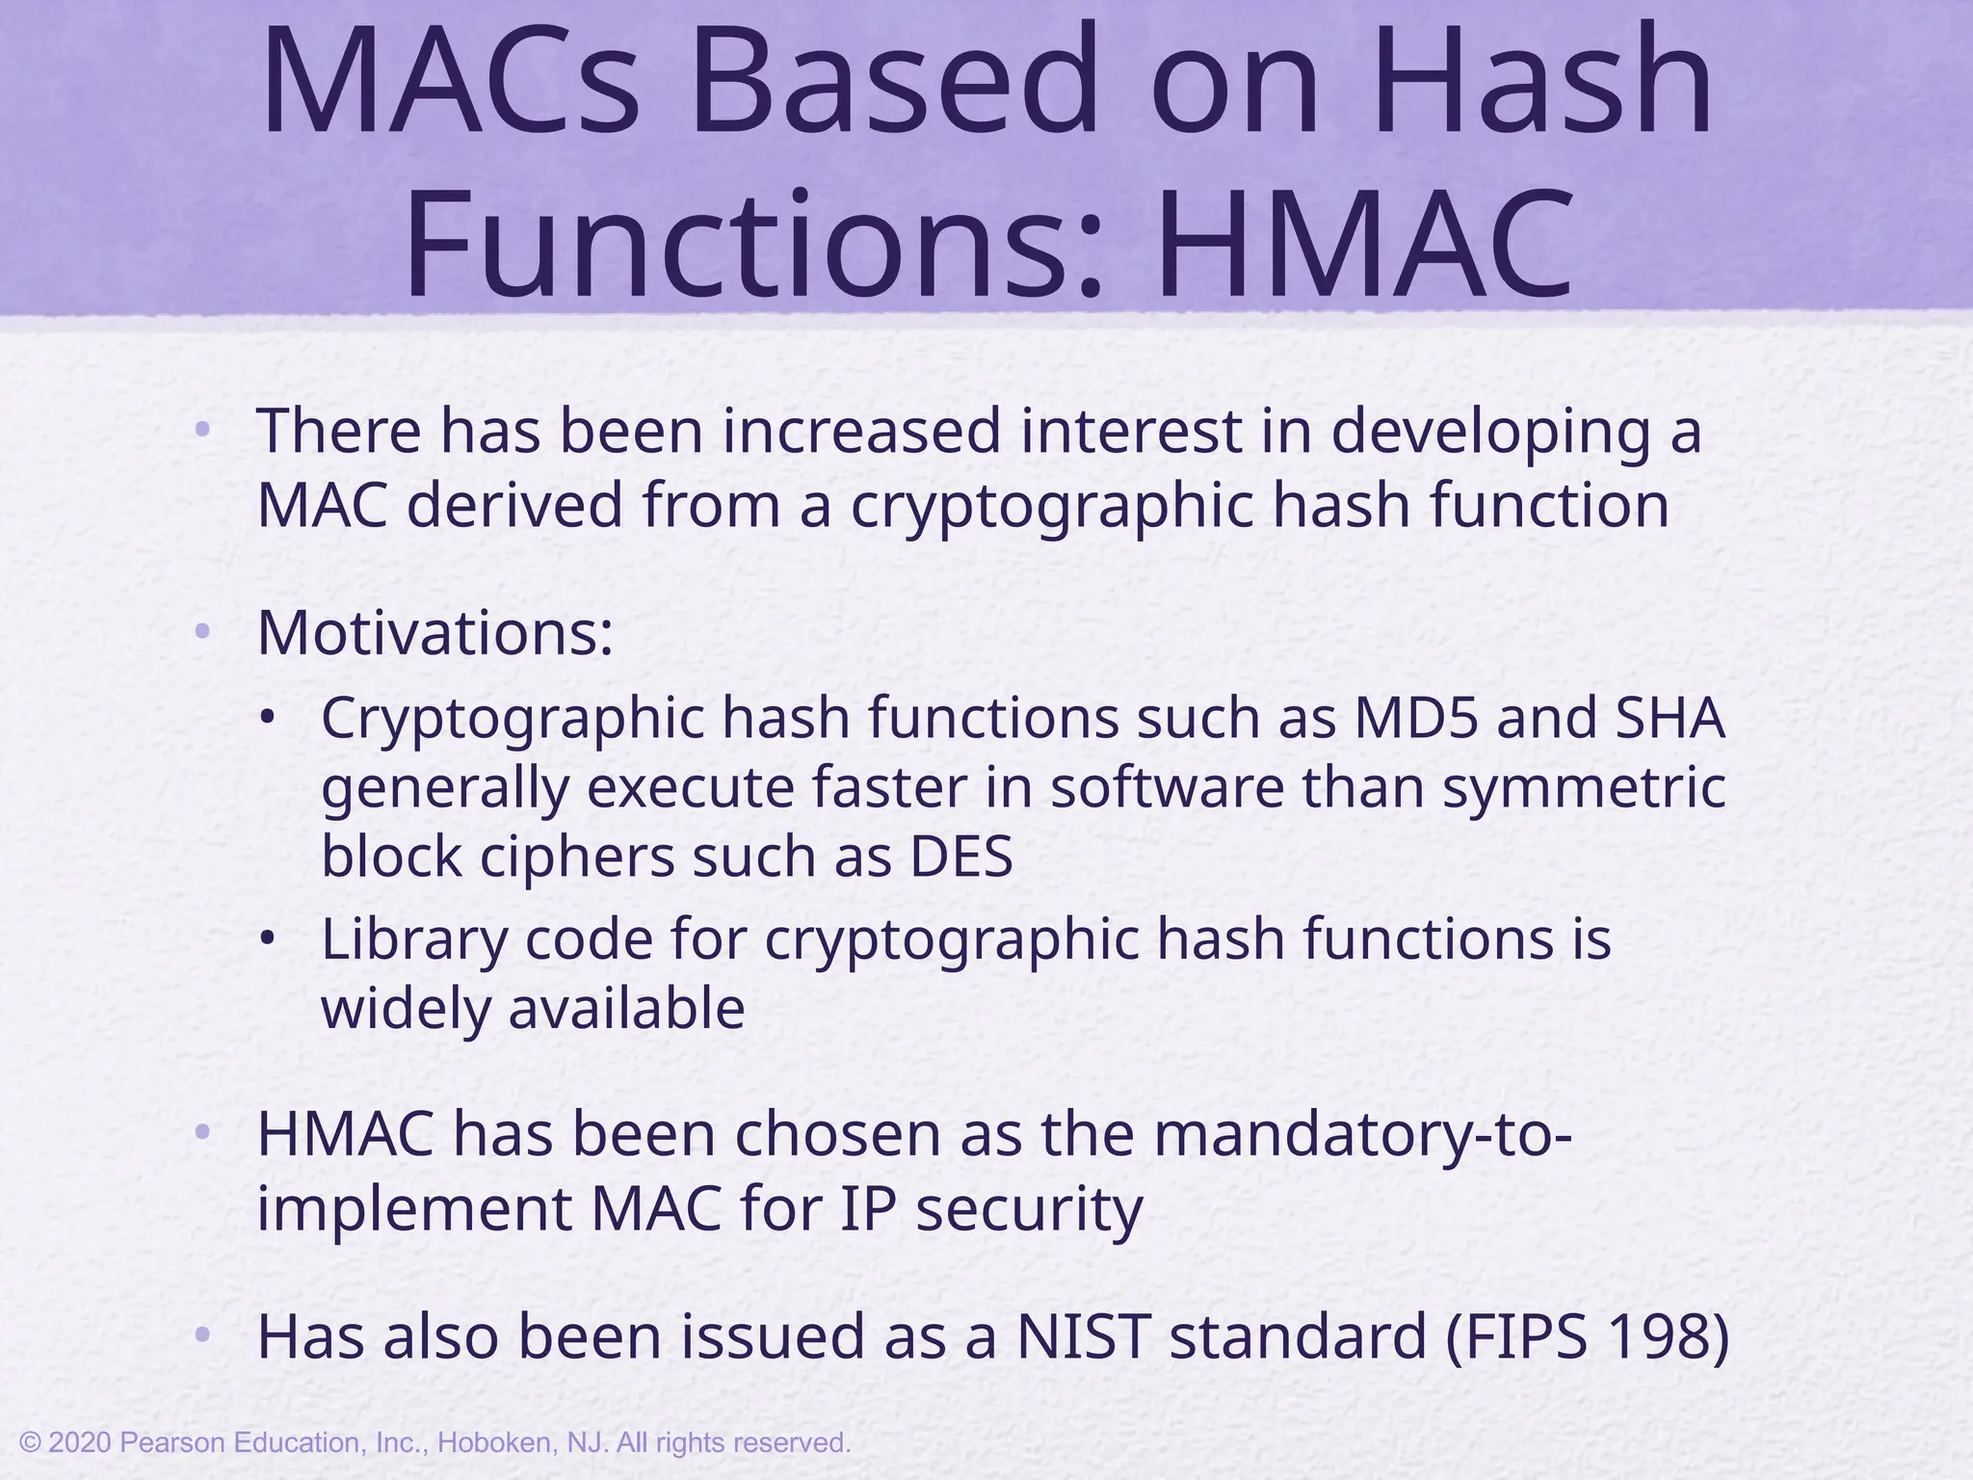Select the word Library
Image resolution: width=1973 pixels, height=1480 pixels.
(x=414, y=939)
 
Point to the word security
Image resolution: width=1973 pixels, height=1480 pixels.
(x=1029, y=1208)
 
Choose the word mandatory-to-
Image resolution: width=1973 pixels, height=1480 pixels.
(x=1363, y=1135)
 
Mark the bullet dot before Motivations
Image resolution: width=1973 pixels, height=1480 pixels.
(x=201, y=633)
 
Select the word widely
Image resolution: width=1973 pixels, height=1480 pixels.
(x=405, y=1009)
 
